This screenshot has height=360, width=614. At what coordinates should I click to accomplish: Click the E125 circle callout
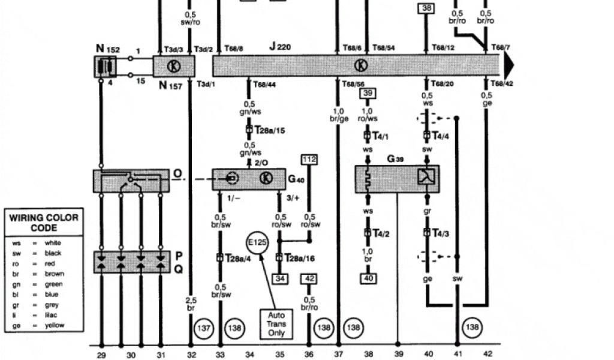(x=258, y=244)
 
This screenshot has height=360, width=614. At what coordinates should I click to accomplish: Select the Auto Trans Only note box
(x=276, y=323)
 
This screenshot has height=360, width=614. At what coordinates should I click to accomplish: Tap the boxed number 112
(x=309, y=160)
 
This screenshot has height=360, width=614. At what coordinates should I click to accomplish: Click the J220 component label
(x=280, y=46)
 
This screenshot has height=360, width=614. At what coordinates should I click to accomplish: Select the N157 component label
(x=170, y=85)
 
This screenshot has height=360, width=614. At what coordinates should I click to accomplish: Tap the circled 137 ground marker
(x=204, y=328)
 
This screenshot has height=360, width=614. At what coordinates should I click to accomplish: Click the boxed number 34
(x=279, y=278)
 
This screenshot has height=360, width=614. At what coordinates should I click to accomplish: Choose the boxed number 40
(x=368, y=278)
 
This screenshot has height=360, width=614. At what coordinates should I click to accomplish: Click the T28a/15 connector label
(x=269, y=129)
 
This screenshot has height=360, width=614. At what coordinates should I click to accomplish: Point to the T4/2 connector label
(x=381, y=233)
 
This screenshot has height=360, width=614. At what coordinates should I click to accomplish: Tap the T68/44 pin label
(x=264, y=85)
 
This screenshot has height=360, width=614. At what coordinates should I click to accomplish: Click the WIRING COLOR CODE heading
(x=44, y=222)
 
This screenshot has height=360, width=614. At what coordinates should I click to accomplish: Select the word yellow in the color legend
(x=55, y=326)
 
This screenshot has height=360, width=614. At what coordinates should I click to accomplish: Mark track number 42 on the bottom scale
(x=487, y=355)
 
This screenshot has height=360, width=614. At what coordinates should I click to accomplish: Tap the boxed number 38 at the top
(x=426, y=8)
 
